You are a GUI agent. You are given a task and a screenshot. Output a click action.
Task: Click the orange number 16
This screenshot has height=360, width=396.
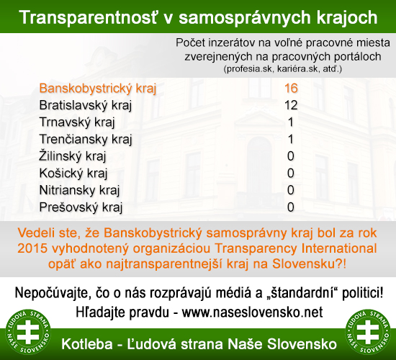(291, 88)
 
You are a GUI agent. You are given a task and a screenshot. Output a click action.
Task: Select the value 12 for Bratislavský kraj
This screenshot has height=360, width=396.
(291, 105)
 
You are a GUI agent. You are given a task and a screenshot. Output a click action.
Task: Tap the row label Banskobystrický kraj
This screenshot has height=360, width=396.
(98, 89)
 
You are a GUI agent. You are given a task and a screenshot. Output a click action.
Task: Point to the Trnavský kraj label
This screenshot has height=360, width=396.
(77, 122)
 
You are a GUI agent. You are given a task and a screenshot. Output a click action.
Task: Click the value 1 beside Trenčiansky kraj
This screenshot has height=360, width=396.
(291, 139)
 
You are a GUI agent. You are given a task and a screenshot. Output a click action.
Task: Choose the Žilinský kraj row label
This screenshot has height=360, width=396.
(73, 156)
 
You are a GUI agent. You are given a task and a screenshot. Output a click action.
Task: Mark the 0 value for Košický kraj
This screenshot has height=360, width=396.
(291, 173)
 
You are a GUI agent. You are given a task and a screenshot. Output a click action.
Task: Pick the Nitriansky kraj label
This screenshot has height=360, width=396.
(79, 190)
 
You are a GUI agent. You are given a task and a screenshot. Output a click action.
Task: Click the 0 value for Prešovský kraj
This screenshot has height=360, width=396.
(291, 207)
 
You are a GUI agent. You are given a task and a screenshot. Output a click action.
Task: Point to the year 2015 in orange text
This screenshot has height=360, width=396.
(32, 248)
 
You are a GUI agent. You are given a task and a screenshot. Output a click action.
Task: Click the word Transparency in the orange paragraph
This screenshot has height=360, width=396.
(256, 249)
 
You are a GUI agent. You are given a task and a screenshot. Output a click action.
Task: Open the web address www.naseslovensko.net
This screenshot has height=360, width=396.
(252, 312)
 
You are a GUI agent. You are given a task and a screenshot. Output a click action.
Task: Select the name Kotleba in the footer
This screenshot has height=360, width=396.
(87, 344)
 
